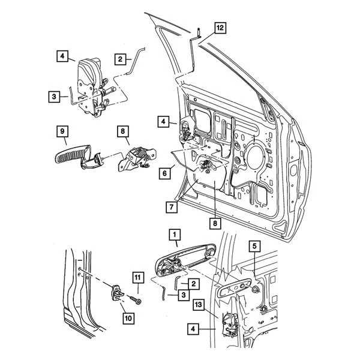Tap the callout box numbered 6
162,172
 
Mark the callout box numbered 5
254,245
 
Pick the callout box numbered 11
138,277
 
